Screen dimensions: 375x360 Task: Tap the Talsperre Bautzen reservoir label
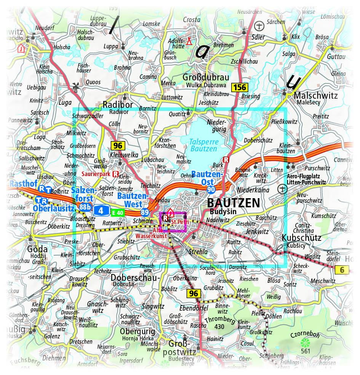coord(203,144)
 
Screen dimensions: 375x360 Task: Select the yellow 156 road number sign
coord(240,88)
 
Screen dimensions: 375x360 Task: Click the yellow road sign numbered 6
coord(342,270)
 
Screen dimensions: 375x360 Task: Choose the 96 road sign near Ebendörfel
coord(194,293)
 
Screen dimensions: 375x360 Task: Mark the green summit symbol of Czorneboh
coord(304,342)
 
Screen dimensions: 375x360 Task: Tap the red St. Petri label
coord(178,221)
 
